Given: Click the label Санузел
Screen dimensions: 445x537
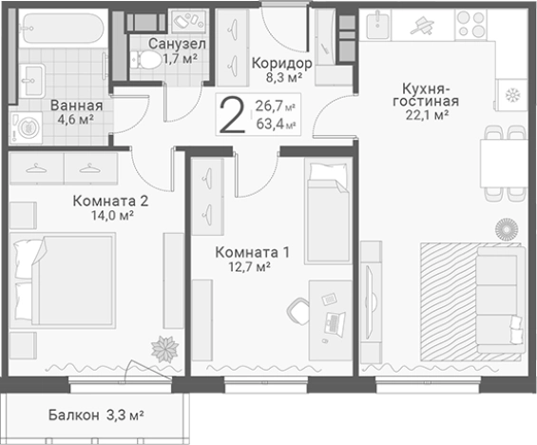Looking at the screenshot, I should (x=178, y=45).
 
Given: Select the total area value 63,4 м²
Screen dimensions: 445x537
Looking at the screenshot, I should (x=275, y=124).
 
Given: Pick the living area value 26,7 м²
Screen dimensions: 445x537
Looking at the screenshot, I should (x=275, y=106).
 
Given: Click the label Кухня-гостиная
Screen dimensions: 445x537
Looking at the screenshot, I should (x=425, y=93).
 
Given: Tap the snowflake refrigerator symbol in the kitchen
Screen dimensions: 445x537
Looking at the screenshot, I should (x=511, y=95).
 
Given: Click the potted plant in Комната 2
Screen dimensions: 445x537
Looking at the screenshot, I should (x=167, y=348).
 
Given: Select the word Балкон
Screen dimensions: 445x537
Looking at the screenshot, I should (x=73, y=416).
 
